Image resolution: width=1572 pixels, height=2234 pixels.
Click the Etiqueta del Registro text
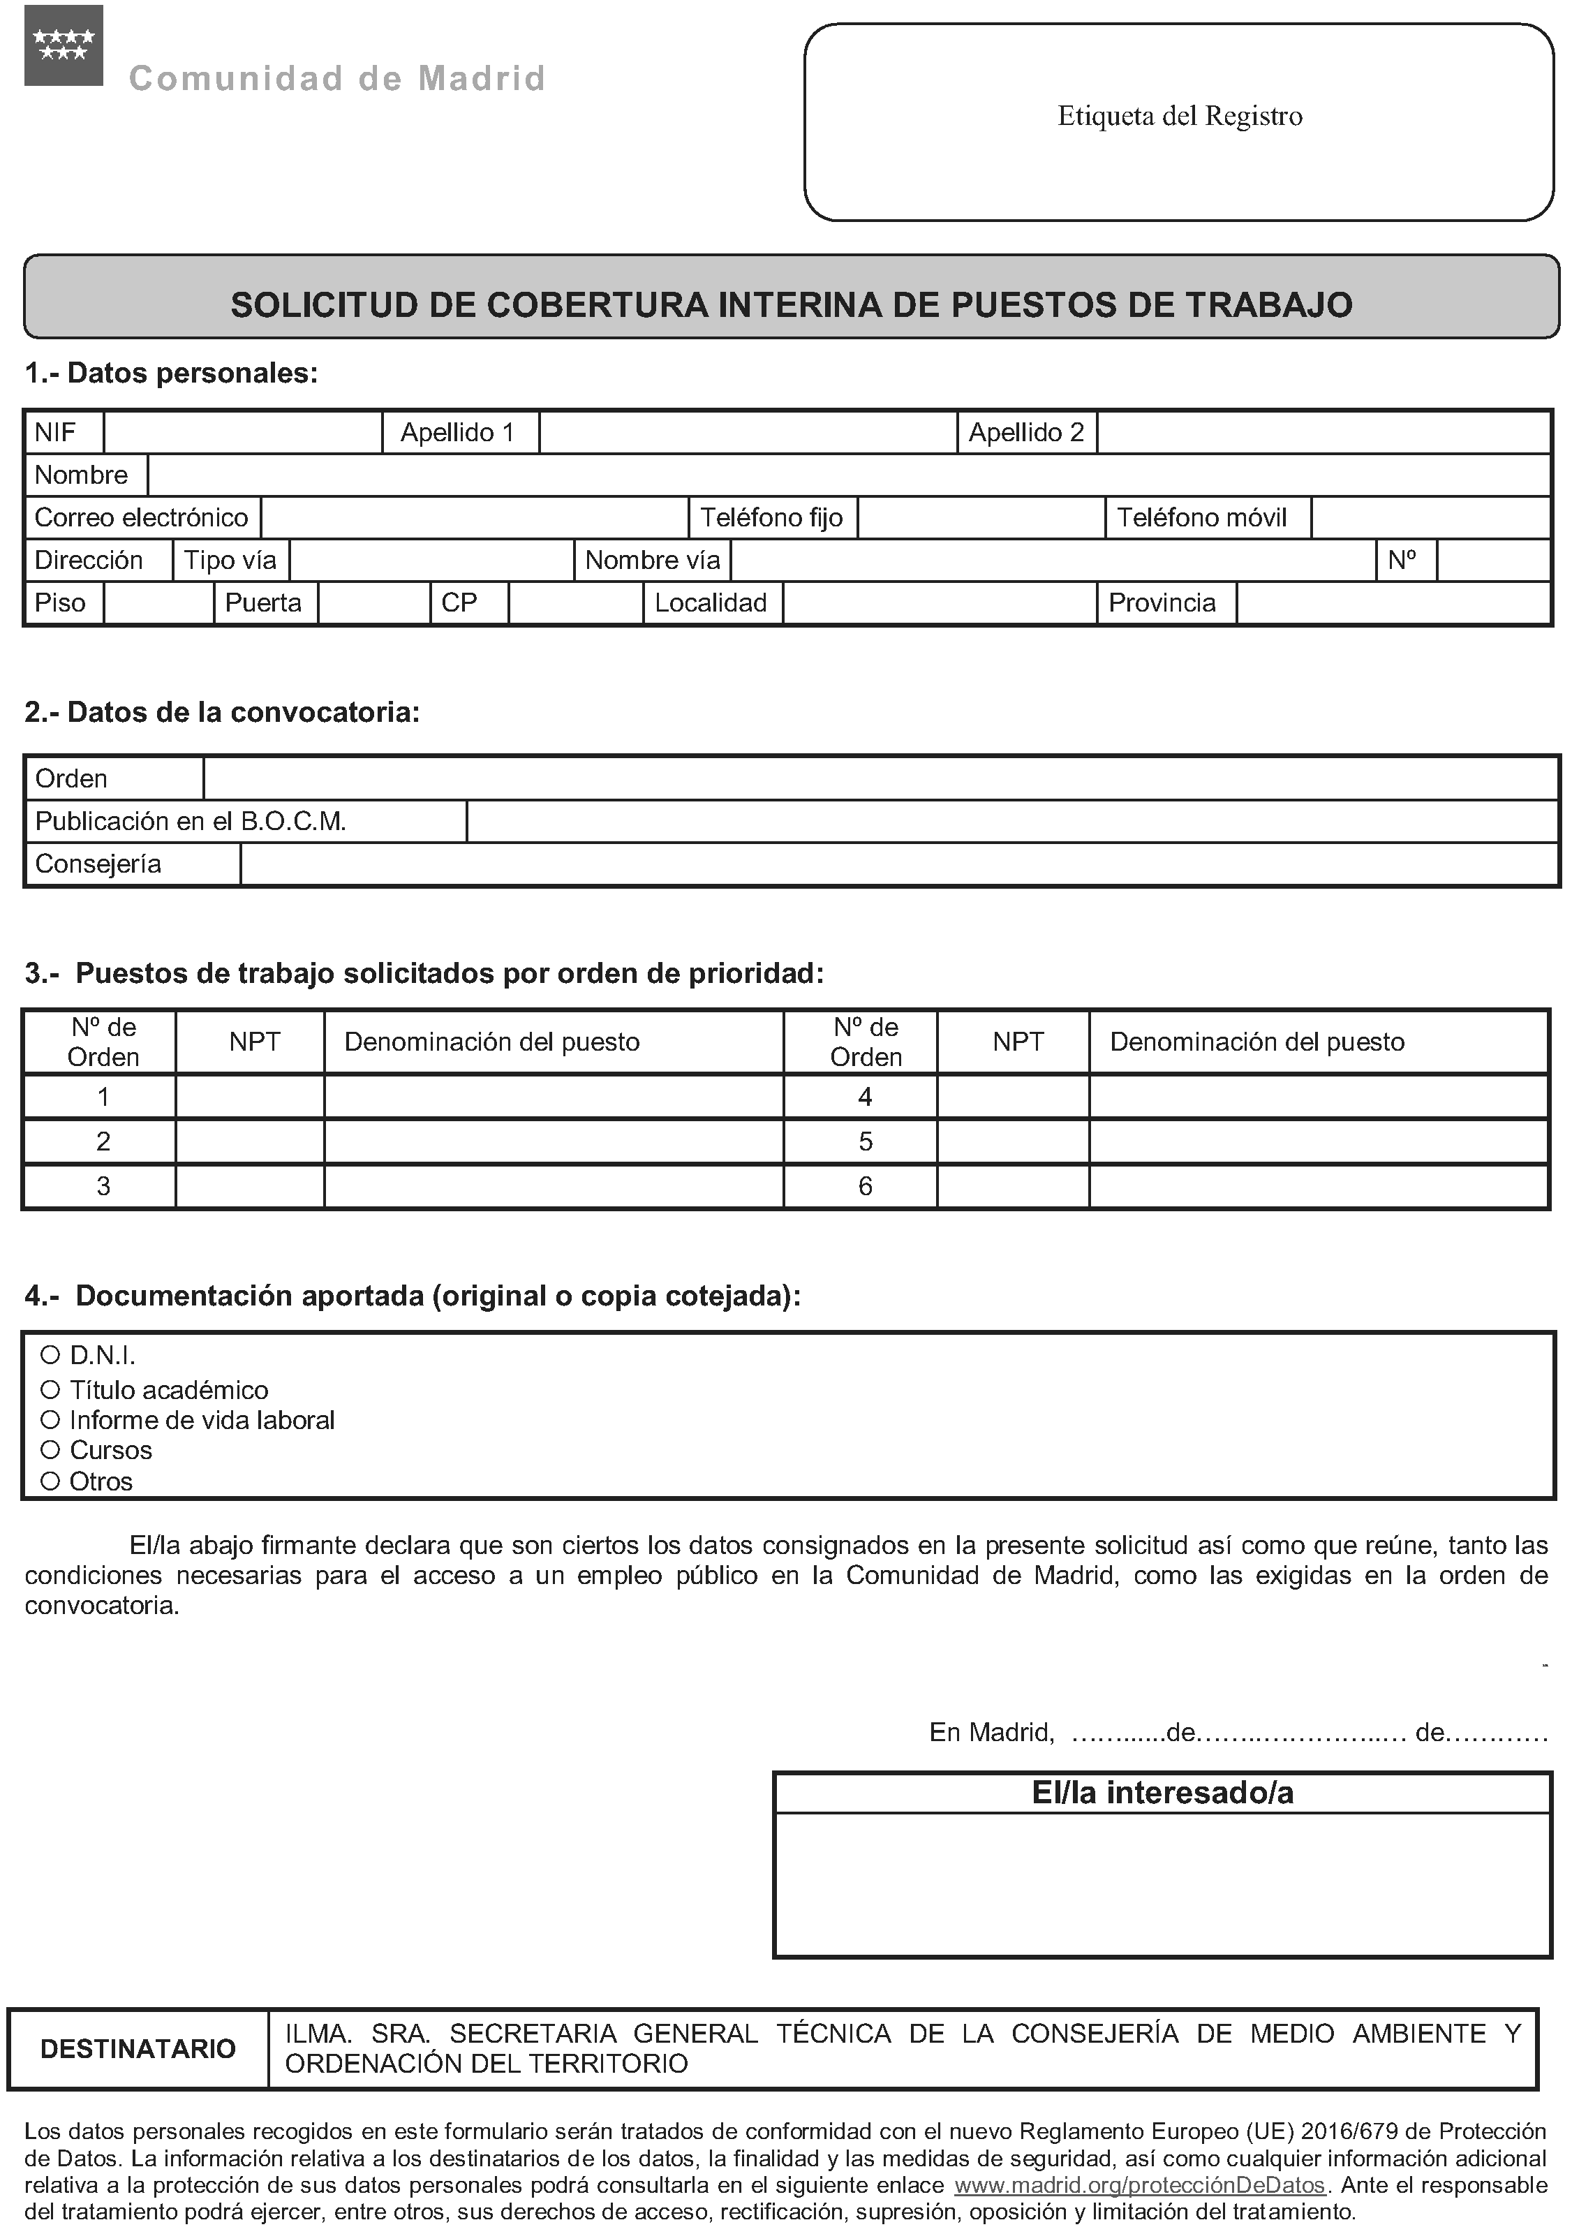(1179, 117)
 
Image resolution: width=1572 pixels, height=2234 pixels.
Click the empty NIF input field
(242, 433)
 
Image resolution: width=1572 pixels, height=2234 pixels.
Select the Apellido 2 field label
(1025, 433)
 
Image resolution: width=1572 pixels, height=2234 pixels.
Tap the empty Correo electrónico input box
(474, 517)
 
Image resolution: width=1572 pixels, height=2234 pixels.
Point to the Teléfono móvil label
(1201, 517)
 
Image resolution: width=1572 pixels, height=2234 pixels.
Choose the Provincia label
(1162, 603)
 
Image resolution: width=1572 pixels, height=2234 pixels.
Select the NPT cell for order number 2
(249, 1141)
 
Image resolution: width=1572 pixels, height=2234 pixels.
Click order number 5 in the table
(865, 1141)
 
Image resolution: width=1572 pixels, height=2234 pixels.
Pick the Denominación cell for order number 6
(1317, 1186)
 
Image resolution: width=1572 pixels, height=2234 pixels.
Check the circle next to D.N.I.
(50, 1355)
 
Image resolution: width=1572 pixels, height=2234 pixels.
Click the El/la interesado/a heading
(1162, 1792)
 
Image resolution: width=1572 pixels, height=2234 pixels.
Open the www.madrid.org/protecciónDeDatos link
(1139, 2185)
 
